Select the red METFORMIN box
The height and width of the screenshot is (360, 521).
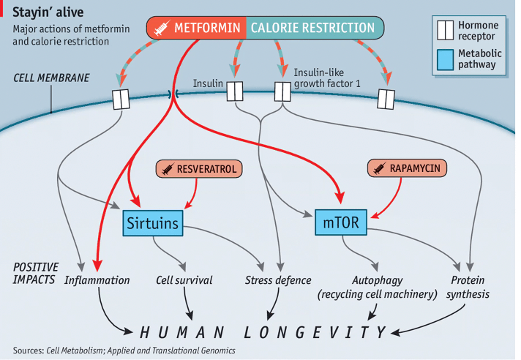[196, 29]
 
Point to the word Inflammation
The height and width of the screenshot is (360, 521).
[97, 280]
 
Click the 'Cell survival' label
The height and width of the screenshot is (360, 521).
[184, 280]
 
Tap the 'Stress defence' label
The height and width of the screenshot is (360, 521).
[277, 280]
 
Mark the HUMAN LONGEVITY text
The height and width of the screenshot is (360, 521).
[263, 333]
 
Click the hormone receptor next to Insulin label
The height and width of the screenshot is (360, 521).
[234, 91]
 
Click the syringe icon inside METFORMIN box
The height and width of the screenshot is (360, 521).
[160, 29]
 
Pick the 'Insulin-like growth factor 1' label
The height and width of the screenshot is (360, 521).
[328, 79]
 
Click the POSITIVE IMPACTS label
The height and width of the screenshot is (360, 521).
[35, 273]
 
